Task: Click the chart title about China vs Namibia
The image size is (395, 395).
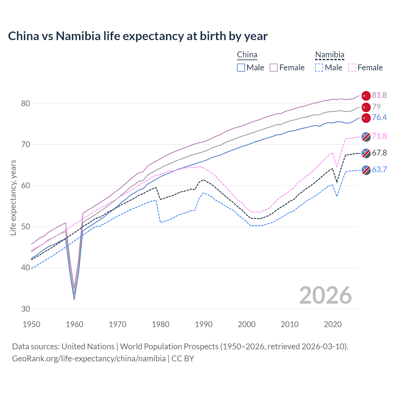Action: coord(138,36)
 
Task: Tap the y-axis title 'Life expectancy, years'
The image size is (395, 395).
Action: coord(13,197)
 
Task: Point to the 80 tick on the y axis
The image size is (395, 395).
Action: coord(26,103)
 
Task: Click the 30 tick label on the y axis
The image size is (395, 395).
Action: coord(26,309)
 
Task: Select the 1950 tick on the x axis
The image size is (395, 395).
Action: coord(31,324)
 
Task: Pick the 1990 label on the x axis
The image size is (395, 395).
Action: coord(204,324)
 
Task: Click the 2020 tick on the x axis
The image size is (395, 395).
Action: coord(333,324)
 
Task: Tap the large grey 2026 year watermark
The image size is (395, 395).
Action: coord(326,295)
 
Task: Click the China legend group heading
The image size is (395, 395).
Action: coord(247,55)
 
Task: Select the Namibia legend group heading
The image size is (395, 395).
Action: coord(330,55)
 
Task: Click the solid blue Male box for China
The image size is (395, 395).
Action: coord(241,68)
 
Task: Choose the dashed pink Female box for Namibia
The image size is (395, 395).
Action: coord(352,68)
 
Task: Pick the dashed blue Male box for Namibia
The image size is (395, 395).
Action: coord(319,68)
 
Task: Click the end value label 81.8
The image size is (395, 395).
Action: coord(379,95)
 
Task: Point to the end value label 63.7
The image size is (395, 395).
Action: coord(379,169)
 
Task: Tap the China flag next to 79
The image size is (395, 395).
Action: coord(366,107)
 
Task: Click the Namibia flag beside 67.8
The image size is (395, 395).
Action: coord(366,153)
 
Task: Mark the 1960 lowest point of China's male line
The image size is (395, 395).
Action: coord(74,299)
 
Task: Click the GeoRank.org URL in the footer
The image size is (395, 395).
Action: coord(89,359)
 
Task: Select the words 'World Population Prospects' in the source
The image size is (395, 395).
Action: coord(169,347)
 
